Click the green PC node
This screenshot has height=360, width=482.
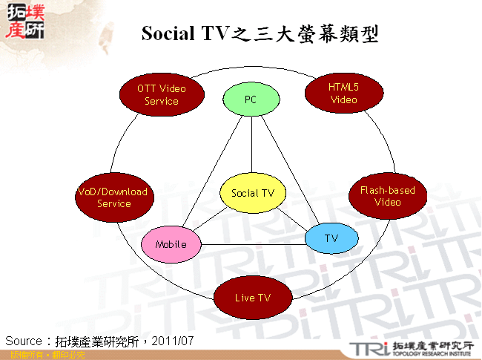click(251, 99)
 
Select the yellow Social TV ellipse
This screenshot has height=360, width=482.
click(253, 193)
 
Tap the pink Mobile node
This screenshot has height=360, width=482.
click(171, 244)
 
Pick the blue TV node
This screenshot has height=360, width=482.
click(331, 238)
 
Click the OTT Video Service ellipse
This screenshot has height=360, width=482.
click(161, 94)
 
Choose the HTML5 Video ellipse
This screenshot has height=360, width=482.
click(343, 93)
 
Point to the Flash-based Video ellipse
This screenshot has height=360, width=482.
click(387, 196)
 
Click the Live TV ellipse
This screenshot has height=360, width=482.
click(252, 298)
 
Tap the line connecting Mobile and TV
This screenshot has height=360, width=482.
click(252, 244)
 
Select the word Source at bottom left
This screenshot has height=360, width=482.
click(23, 341)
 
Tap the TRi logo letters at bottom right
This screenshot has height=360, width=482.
click(370, 349)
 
